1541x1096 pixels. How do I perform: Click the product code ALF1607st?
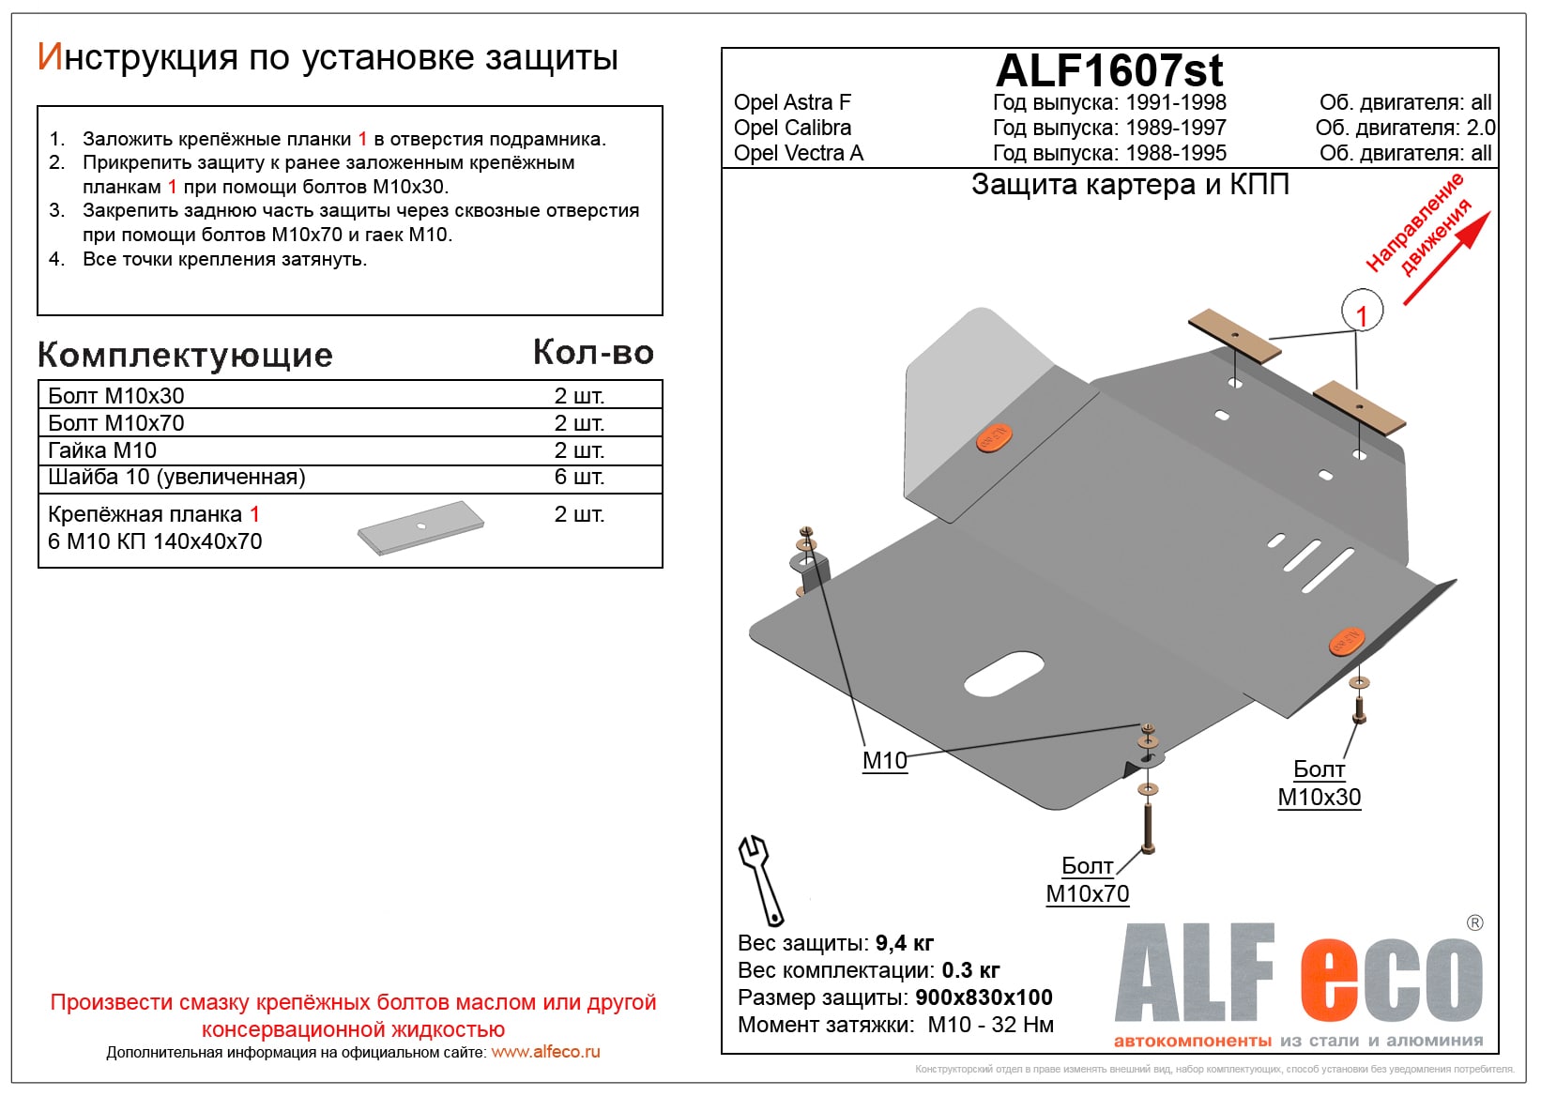pyautogui.click(x=1109, y=70)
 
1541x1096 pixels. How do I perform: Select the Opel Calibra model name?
pyautogui.click(x=792, y=128)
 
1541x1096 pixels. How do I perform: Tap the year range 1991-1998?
pyautogui.click(x=1175, y=102)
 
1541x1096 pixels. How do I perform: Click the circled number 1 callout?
pyautogui.click(x=1362, y=312)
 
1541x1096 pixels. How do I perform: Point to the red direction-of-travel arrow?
pyautogui.click(x=1445, y=259)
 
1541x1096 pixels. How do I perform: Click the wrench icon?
pyautogui.click(x=761, y=879)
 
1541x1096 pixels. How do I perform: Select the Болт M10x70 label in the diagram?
pyautogui.click(x=1088, y=880)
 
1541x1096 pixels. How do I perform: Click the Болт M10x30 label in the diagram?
pyautogui.click(x=1319, y=784)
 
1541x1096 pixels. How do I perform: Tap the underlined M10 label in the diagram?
pyautogui.click(x=884, y=761)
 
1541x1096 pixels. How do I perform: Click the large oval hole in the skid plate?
pyautogui.click(x=1004, y=675)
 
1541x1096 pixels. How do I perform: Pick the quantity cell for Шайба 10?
pyautogui.click(x=579, y=478)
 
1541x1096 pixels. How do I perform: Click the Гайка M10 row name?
pyautogui.click(x=102, y=450)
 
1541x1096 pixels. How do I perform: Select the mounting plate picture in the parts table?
pyautogui.click(x=420, y=527)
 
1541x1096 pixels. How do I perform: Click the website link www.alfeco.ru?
pyautogui.click(x=545, y=1052)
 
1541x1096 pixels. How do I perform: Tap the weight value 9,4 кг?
pyautogui.click(x=904, y=943)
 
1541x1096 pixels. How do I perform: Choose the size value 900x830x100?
pyautogui.click(x=984, y=997)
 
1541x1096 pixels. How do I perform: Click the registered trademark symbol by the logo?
pyautogui.click(x=1474, y=923)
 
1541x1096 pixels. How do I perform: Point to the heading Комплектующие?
pyautogui.click(x=185, y=355)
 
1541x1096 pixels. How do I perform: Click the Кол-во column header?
pyautogui.click(x=593, y=352)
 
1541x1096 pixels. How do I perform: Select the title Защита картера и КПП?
pyautogui.click(x=1130, y=185)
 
